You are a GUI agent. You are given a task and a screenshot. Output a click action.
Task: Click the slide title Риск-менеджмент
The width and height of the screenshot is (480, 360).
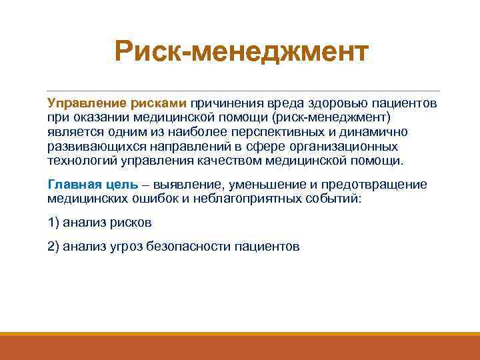pyautogui.click(x=241, y=51)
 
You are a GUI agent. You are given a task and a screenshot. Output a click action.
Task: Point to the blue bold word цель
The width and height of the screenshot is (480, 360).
pyautogui.click(x=120, y=185)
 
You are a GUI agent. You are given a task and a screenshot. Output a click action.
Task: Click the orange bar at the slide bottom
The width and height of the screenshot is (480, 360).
pyautogui.click(x=240, y=347)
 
